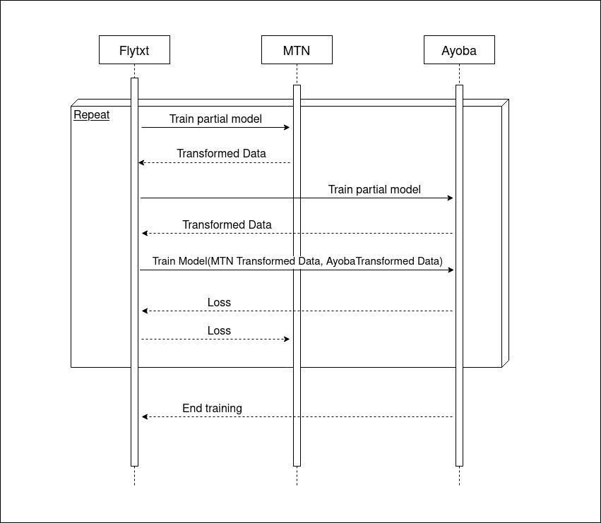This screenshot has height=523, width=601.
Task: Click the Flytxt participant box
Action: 134,50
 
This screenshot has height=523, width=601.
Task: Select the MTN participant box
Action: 297,50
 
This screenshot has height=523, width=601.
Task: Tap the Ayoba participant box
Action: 459,50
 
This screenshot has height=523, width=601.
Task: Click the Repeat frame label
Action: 92,115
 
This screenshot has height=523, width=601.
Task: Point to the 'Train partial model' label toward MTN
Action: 216,119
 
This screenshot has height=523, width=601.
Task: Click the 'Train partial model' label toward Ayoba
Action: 374,189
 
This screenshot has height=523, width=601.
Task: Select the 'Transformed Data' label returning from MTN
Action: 221,153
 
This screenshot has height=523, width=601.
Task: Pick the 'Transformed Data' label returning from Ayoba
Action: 227,224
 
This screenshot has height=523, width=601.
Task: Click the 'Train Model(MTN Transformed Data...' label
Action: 297,261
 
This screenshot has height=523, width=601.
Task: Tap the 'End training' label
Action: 213,409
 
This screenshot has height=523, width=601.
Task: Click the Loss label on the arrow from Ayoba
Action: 219,302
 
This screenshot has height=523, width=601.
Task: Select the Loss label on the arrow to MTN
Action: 219,330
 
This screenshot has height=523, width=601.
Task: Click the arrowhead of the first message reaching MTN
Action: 287,127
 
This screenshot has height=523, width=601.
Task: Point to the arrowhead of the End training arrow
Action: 145,416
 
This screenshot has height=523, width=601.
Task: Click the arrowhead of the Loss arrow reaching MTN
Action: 287,339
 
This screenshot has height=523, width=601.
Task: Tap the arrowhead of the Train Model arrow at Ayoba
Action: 451,270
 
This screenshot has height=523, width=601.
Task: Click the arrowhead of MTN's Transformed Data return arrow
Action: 141,162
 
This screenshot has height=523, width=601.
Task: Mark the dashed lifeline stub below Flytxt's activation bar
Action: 134,476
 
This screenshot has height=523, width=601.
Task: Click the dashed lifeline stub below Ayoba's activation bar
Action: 459,476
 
